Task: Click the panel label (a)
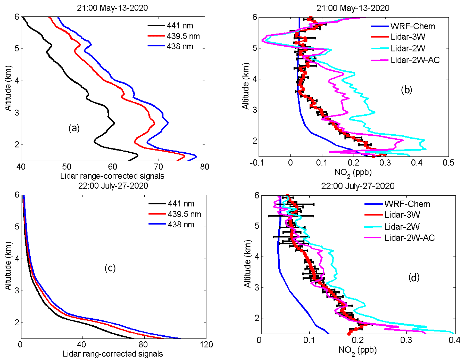click(74, 128)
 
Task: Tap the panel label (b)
click(406, 90)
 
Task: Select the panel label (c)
click(110, 268)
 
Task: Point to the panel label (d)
click(414, 277)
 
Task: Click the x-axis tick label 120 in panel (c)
click(206, 344)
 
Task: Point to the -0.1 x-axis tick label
click(256, 163)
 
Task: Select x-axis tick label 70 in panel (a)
click(159, 167)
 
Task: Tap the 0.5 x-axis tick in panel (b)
click(448, 163)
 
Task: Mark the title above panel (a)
click(112, 8)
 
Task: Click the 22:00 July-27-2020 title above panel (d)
click(358, 186)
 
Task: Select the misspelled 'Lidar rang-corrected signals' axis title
click(113, 354)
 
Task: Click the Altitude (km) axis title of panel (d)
click(247, 263)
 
